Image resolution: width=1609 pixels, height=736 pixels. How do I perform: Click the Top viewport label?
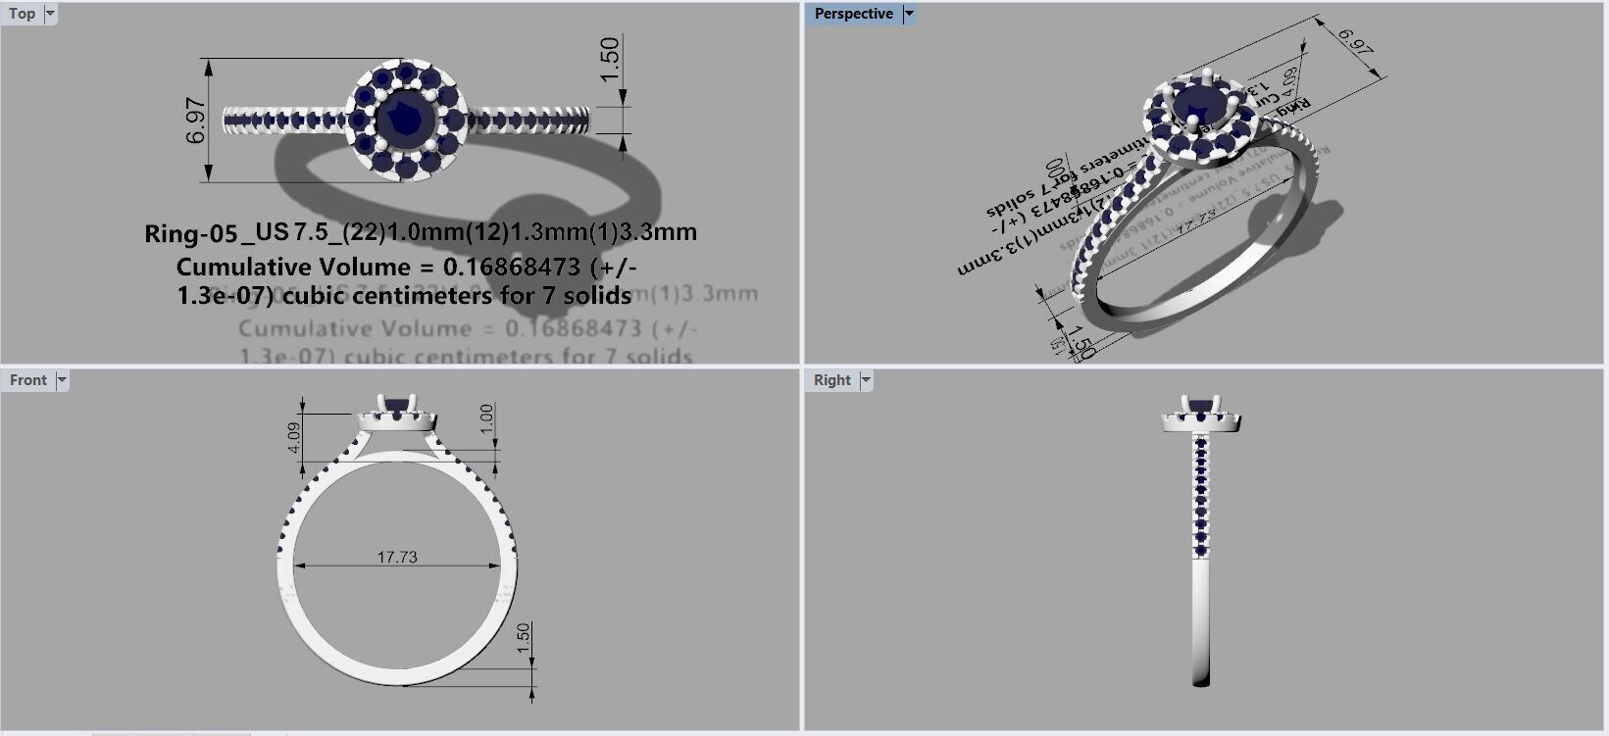22,14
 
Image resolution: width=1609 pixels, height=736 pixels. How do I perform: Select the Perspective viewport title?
853,14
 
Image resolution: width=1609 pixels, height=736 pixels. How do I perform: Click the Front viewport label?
28,380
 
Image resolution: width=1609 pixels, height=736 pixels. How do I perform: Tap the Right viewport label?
832,380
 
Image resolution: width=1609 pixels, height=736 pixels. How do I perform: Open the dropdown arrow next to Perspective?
909,14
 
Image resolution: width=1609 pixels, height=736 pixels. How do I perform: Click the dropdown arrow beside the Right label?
866,380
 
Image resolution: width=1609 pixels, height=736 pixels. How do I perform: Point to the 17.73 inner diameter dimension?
397,557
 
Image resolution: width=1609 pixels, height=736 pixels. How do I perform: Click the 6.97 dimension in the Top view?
196,120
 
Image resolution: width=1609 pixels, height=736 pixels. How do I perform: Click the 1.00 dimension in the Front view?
487,419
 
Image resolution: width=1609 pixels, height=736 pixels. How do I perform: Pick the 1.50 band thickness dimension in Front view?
524,639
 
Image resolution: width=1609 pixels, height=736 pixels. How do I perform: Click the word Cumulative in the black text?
238,267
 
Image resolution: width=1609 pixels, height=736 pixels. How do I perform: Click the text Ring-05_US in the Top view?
216,232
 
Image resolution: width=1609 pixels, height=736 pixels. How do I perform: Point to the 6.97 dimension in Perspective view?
1355,42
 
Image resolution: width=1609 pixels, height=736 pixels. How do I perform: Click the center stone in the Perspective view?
1196,101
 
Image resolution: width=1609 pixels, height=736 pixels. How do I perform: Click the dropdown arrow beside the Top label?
50,14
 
